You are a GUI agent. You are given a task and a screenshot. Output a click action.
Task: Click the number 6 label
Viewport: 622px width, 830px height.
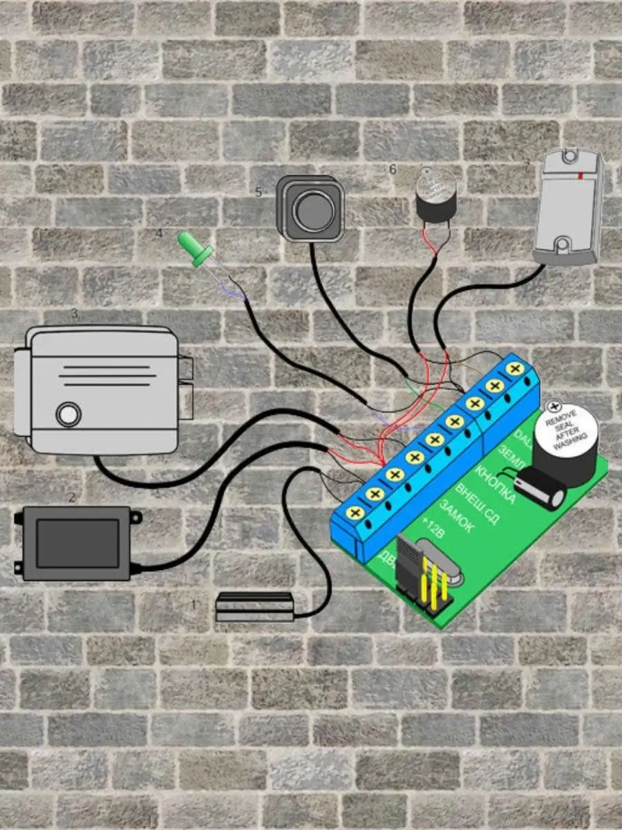click(x=393, y=169)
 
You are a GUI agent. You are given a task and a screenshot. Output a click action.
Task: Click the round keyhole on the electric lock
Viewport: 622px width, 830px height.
click(x=68, y=414)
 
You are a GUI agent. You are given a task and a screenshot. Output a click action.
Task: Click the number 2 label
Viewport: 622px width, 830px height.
click(x=70, y=497)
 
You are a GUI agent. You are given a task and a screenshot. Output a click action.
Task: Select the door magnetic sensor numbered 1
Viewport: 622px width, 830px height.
click(x=254, y=606)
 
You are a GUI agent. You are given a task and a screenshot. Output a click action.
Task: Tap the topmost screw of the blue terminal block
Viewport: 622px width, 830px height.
click(x=513, y=369)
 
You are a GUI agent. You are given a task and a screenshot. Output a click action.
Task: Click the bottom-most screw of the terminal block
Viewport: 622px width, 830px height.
click(x=355, y=513)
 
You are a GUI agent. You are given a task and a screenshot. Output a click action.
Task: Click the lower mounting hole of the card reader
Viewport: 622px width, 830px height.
click(x=562, y=245)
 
